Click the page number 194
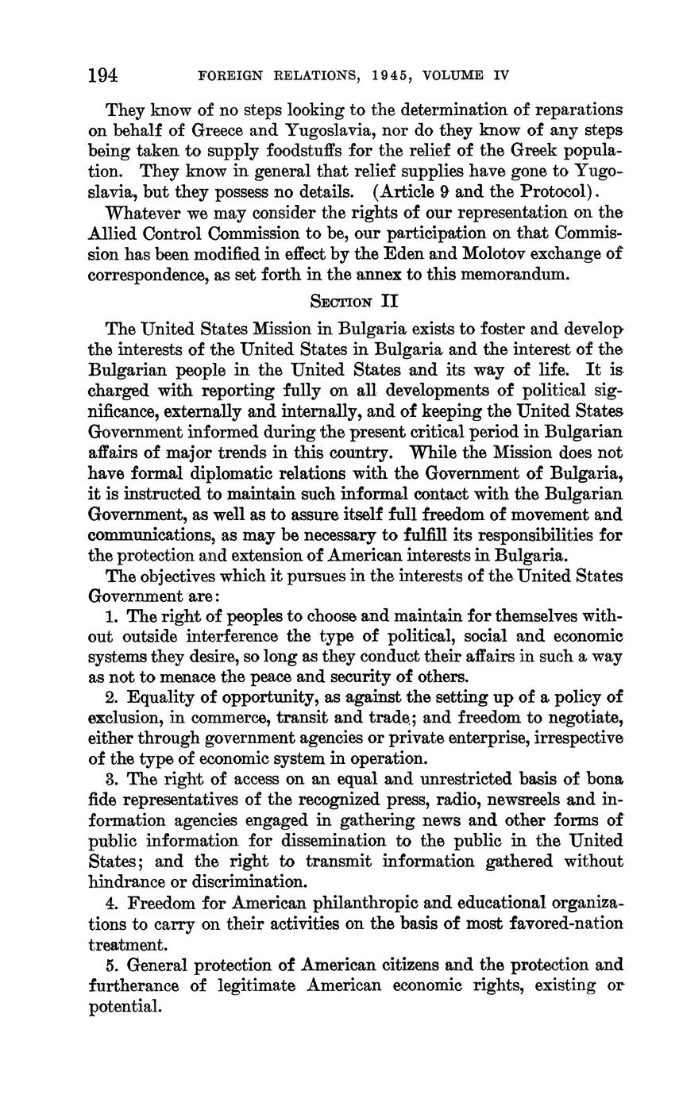coord(103,75)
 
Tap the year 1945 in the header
coord(393,76)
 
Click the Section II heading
coord(353,302)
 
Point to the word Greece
coord(220,130)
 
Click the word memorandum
coord(518,275)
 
